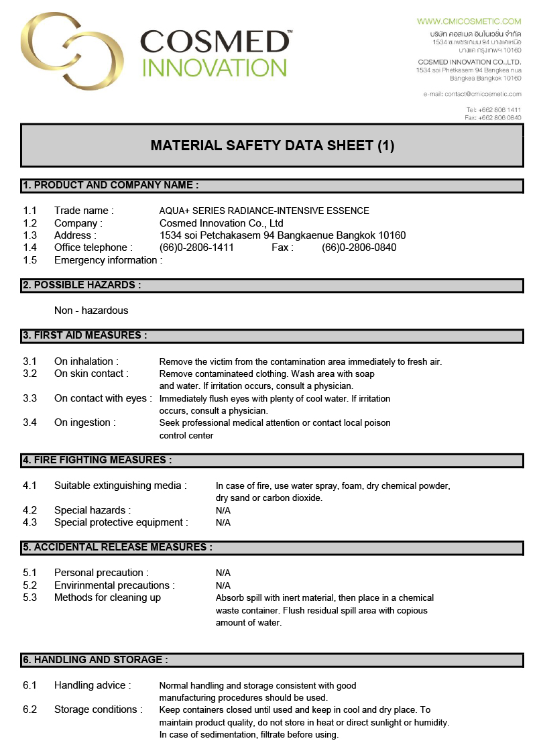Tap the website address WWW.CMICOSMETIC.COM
pos(469,21)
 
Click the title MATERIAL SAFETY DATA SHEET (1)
pos(272,146)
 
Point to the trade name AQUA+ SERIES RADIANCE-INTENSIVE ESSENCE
pos(264,211)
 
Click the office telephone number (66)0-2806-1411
pos(196,247)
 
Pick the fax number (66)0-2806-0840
pos(359,247)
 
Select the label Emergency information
pos(107,260)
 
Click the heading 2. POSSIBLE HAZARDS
pos(82,285)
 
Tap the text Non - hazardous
pos(91,310)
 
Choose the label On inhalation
pos(86,361)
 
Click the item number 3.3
pos(29,398)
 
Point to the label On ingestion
pos(84,422)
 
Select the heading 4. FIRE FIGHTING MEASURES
pos(97,460)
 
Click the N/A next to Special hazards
pos(223,510)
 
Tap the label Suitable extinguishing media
pos(120,485)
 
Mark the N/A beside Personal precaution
pos(223,573)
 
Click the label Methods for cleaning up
pos(107,597)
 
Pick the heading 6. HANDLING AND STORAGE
pos(95,660)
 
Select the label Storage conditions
pos(98,709)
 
